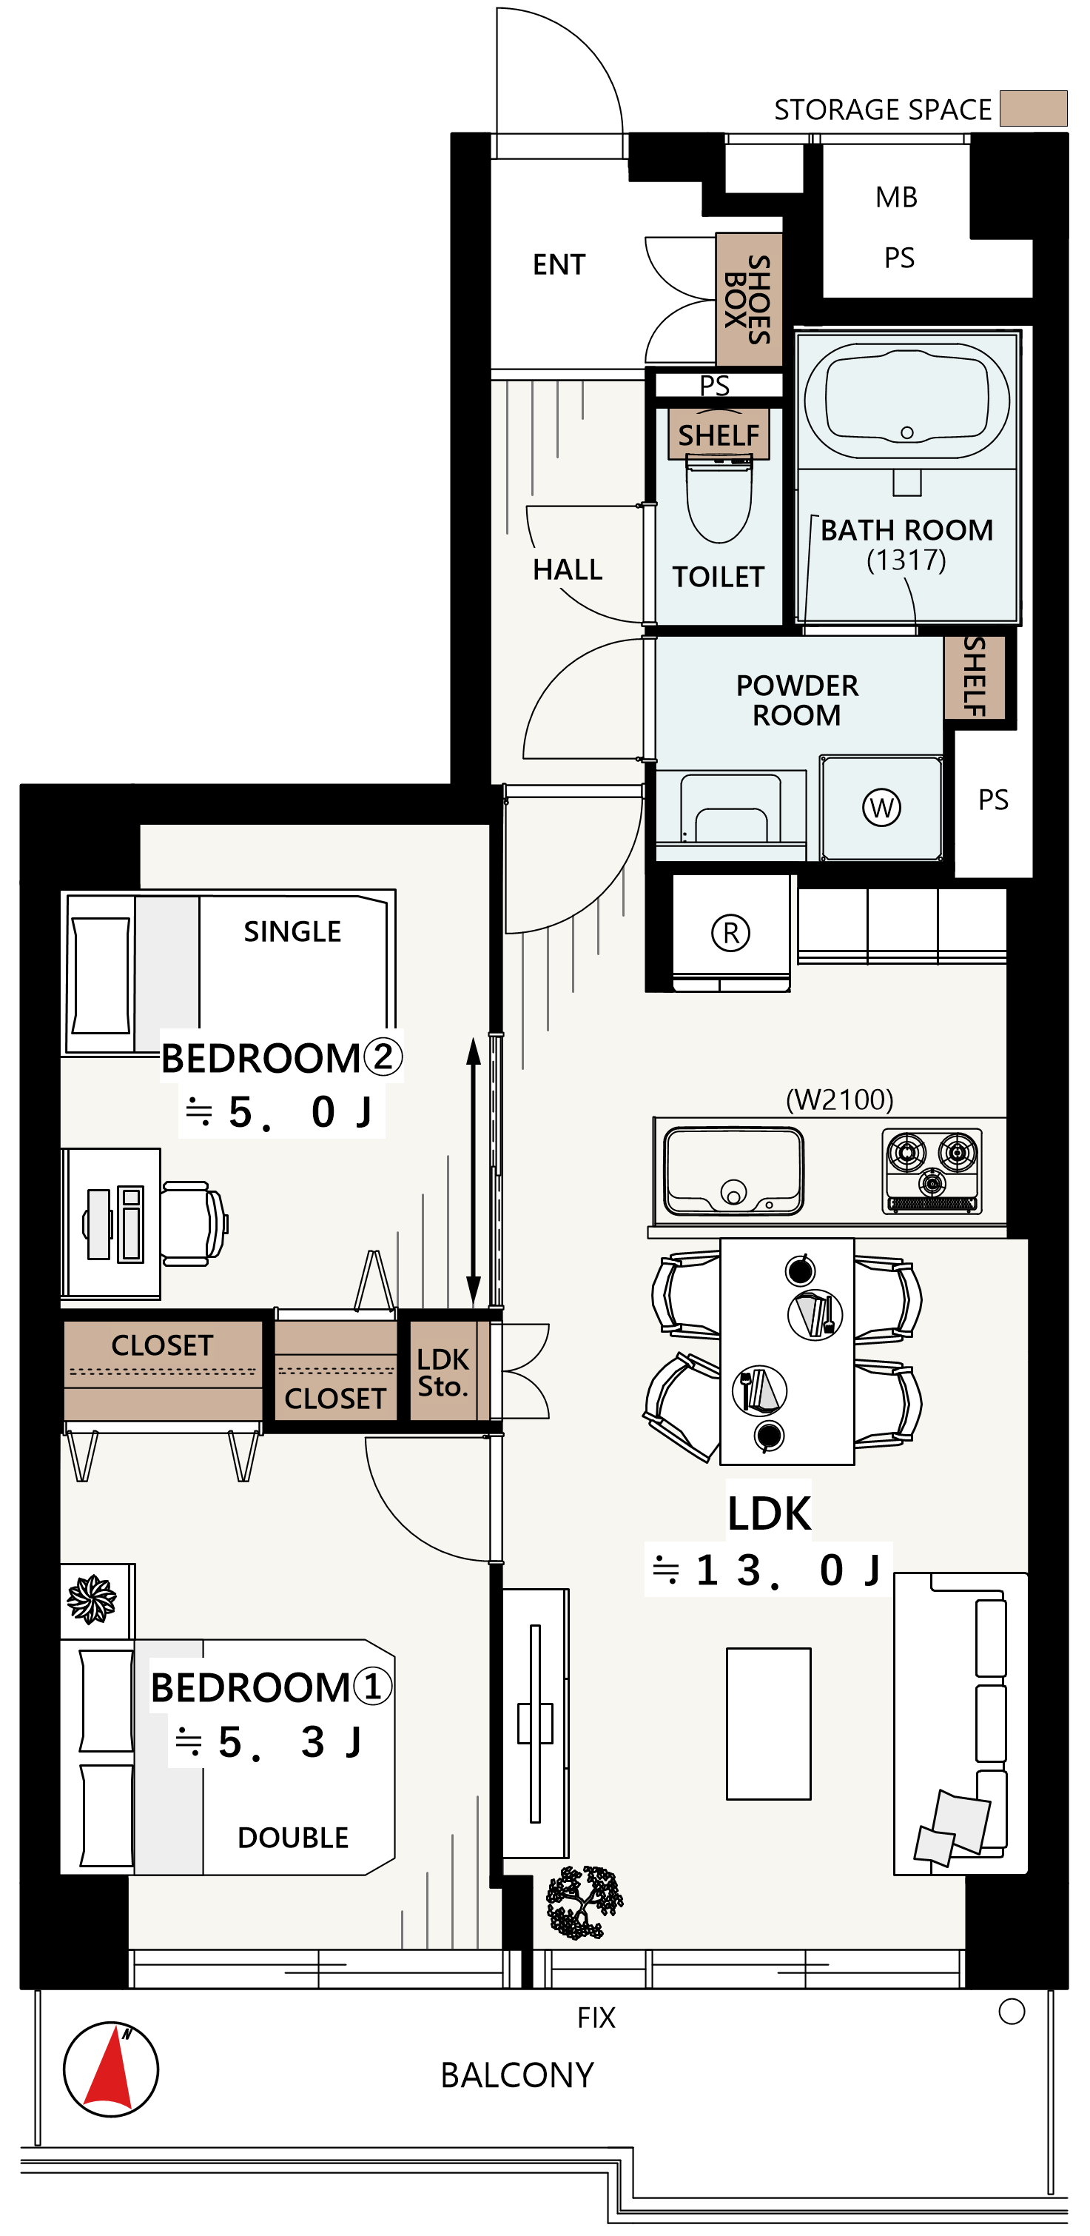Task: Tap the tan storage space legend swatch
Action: [x=1033, y=109]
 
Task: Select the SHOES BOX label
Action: [x=747, y=299]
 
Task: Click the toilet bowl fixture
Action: [x=719, y=501]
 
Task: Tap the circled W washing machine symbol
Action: [x=882, y=807]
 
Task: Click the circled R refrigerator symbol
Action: [x=730, y=933]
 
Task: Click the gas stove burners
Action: [x=933, y=1170]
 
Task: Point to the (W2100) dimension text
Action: [x=839, y=1099]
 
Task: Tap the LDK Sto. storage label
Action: [x=443, y=1373]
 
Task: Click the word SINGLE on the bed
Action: [x=292, y=931]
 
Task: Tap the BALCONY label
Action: [x=517, y=2075]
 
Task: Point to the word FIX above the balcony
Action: [x=596, y=2018]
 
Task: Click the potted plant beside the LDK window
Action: [x=584, y=1903]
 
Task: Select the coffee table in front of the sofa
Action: [x=769, y=1724]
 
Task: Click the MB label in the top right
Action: [x=896, y=197]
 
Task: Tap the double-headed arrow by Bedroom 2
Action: [x=474, y=1172]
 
